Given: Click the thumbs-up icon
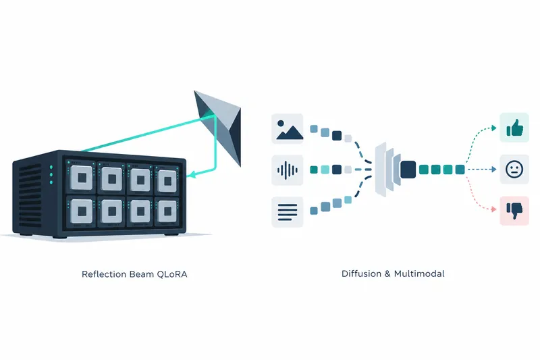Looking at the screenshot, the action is click(x=514, y=128).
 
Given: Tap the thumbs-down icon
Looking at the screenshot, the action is click(x=514, y=211).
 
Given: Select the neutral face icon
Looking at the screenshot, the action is click(x=514, y=169).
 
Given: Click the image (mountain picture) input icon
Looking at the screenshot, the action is click(x=288, y=128).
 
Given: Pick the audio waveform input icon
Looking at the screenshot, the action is click(x=288, y=170).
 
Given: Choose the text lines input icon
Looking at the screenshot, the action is click(x=288, y=212).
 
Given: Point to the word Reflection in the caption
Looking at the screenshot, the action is click(x=104, y=274).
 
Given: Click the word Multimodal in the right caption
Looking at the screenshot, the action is click(x=419, y=274).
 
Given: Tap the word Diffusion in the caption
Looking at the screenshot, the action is click(x=361, y=274).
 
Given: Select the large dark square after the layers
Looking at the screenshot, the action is click(x=408, y=170).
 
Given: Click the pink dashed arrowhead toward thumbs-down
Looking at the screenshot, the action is click(x=494, y=209).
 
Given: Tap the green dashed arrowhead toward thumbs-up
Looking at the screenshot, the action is click(x=494, y=128).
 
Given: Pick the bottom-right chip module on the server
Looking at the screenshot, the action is click(x=167, y=211).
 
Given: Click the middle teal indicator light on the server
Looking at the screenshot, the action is click(x=51, y=175).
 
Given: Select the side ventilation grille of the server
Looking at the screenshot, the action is click(x=30, y=197).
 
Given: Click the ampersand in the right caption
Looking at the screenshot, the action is click(x=387, y=274).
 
